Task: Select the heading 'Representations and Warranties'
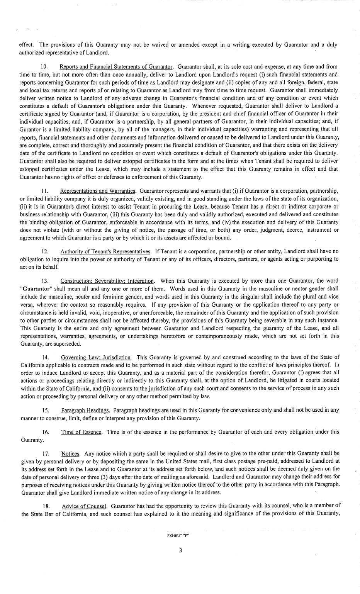click(x=98, y=191)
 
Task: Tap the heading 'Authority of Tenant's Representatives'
click(x=105, y=251)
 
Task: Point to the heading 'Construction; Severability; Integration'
click(x=107, y=281)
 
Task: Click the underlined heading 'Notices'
click(x=70, y=453)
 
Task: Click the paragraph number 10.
click(x=44, y=67)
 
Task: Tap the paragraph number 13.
click(x=45, y=281)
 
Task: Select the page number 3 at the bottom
click(x=180, y=551)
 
